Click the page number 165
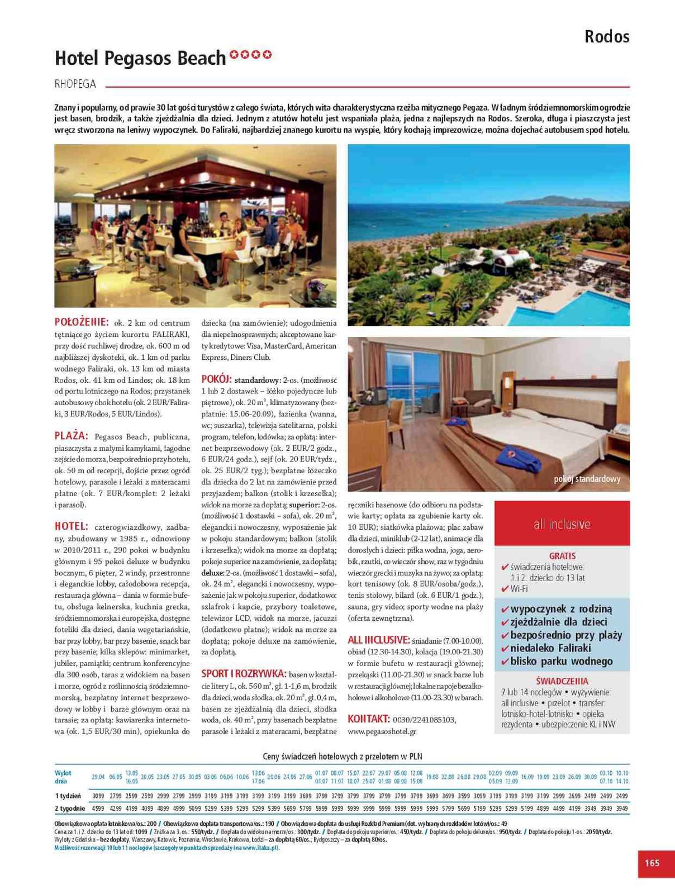click(652, 863)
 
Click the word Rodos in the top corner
click(607, 37)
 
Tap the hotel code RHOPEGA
click(75, 84)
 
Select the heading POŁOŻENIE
click(82, 322)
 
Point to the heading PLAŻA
click(72, 436)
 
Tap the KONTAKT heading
click(368, 719)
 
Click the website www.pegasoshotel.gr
click(382, 731)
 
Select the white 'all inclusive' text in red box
click(562, 524)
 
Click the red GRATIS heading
click(562, 556)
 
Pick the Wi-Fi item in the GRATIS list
click(519, 589)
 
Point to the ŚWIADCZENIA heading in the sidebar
click(562, 681)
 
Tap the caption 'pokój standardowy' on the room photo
click(587, 479)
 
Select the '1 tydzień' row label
click(68, 796)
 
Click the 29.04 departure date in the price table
click(98, 777)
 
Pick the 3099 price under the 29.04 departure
click(98, 796)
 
